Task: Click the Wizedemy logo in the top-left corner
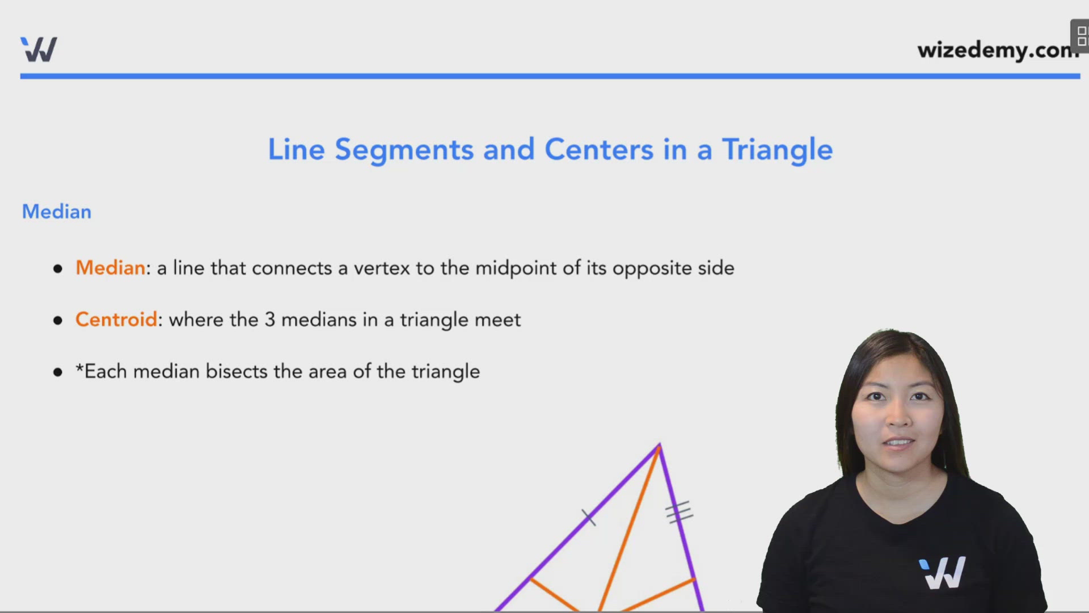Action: (39, 49)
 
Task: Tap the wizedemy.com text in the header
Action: (997, 50)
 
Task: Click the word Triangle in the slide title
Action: (777, 150)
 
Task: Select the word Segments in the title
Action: (404, 150)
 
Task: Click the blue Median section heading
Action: (57, 212)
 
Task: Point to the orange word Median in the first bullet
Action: (111, 268)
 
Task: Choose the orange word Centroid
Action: (116, 320)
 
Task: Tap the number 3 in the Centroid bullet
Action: (270, 320)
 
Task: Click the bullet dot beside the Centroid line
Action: (58, 321)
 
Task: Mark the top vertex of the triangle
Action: (659, 446)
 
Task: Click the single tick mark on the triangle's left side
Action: (589, 517)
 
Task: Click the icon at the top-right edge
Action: (1081, 36)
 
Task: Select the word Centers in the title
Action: (599, 150)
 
